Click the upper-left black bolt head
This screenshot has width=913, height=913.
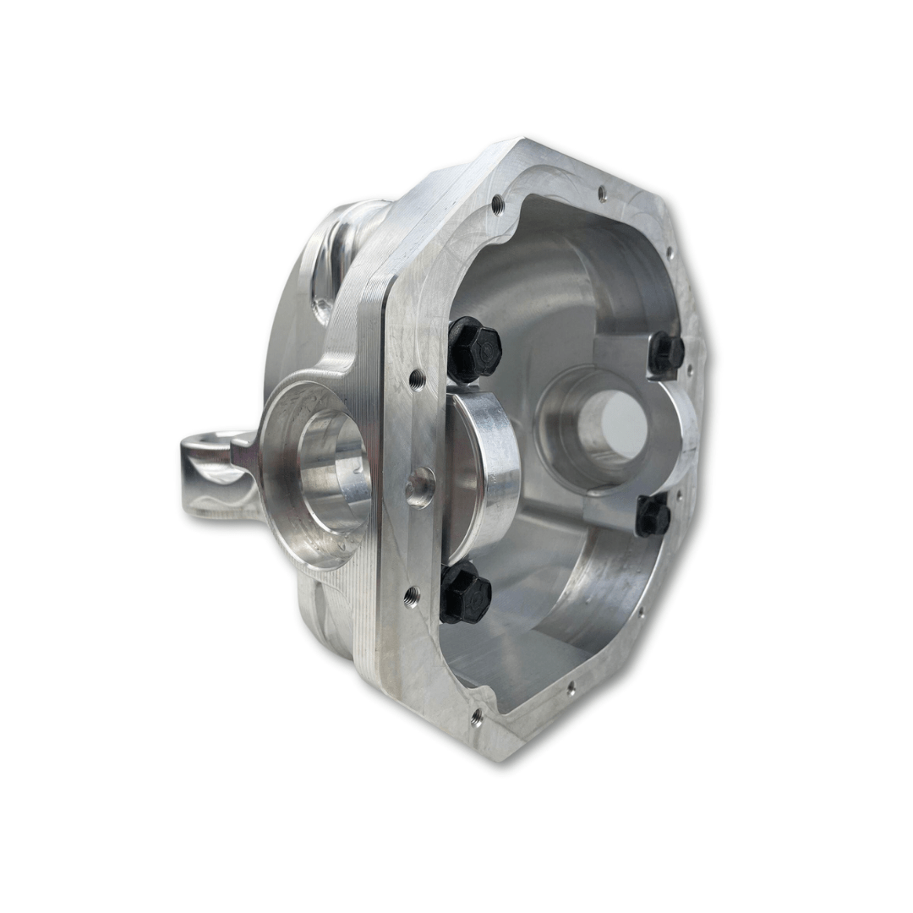point(473,349)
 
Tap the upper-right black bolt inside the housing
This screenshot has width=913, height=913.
point(665,353)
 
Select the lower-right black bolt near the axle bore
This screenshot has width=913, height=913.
point(653,516)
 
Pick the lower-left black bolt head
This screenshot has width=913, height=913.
point(464,594)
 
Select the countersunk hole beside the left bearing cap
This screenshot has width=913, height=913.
point(419,488)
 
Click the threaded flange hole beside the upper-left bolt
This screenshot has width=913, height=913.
point(417,379)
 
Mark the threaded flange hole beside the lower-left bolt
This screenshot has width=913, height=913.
point(412,598)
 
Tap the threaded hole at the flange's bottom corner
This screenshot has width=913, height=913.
point(477,718)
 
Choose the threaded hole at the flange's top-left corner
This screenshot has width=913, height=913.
point(497,203)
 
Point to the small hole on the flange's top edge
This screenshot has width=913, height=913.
point(602,193)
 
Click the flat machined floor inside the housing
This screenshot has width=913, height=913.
point(507,651)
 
